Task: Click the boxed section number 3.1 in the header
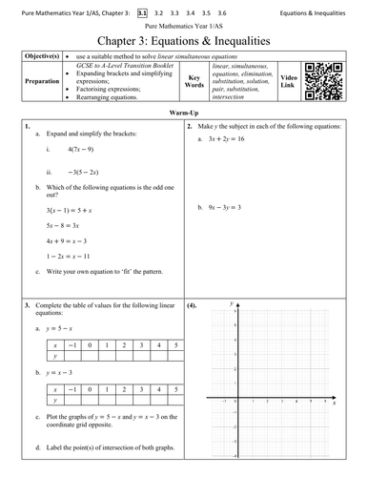tap(143, 13)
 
